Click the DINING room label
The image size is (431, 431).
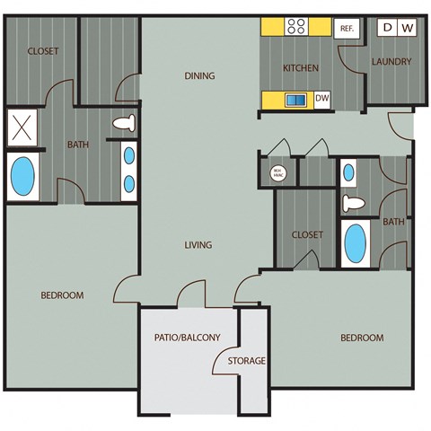pos(199,75)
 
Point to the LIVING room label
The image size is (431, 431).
pos(198,245)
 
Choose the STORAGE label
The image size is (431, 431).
pos(246,361)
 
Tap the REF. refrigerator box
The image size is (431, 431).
pos(347,29)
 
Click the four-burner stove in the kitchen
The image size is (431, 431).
pos(297,27)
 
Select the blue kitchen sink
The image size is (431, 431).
pos(295,100)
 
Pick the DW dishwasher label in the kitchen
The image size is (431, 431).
pos(322,99)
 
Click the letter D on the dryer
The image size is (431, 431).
pos(388,28)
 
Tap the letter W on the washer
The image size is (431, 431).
pos(407,28)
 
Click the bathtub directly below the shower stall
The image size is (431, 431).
pos(23,177)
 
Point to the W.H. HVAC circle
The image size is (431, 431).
pos(277,171)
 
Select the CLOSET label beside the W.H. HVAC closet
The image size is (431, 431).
pos(307,235)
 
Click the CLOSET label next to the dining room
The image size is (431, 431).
pos(42,52)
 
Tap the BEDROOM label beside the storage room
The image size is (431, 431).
pos(362,338)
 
